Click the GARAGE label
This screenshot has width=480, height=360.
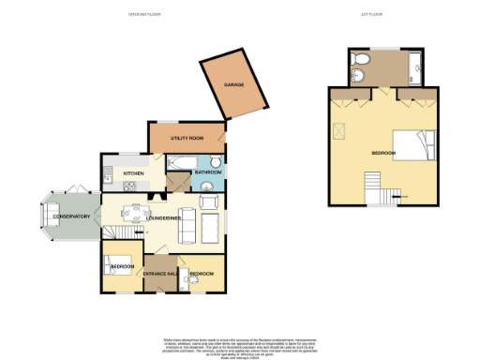pos(233,84)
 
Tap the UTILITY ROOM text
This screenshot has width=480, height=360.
pos(187,139)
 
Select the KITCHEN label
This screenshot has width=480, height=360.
pos(133,173)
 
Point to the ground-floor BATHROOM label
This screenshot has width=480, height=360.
pos(208,172)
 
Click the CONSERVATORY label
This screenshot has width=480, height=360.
pos(70,217)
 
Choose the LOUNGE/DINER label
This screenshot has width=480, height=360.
pos(163,217)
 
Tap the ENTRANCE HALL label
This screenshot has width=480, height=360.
pos(159,274)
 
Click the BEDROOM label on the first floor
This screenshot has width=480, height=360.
pos(385,152)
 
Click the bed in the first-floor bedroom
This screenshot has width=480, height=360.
pos(413,144)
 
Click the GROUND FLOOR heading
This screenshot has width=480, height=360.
pos(145,15)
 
